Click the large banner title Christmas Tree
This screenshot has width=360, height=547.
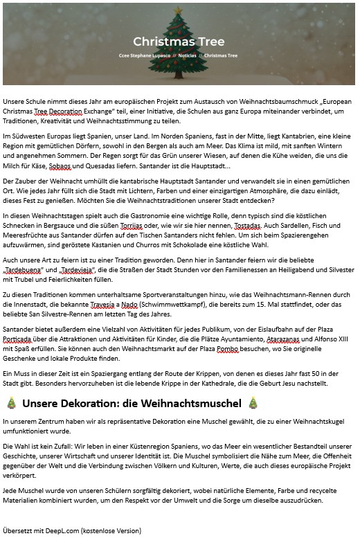coord(179,41)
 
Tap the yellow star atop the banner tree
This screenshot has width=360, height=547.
coord(179,10)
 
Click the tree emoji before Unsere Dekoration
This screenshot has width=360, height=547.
coord(11,402)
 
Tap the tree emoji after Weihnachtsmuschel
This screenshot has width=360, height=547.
coord(253,402)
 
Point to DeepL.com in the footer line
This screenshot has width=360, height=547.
coord(61,530)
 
